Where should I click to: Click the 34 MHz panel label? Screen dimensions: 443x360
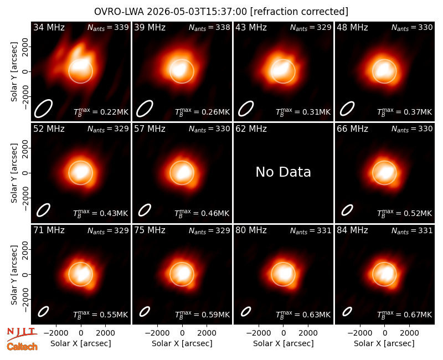point(49,27)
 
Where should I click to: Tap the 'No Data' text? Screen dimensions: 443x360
point(283,172)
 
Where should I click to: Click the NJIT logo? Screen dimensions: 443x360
point(22,335)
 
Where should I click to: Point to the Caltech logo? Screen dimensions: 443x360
point(22,347)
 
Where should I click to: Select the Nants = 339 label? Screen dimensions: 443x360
point(108,27)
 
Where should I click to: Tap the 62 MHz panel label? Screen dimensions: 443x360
point(251,129)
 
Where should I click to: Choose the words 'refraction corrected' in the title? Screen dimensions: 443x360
point(299,12)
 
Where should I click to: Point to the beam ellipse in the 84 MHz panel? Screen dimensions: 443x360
point(347,311)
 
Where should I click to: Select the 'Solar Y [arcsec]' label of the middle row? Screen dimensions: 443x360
point(14,173)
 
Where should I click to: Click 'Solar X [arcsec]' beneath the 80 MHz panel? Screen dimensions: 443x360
point(283,343)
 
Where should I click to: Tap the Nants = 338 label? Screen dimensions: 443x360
point(209,27)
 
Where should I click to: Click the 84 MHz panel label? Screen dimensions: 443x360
point(352,230)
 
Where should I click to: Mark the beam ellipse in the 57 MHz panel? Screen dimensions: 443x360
point(145,210)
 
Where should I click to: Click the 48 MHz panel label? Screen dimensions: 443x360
point(352,27)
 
